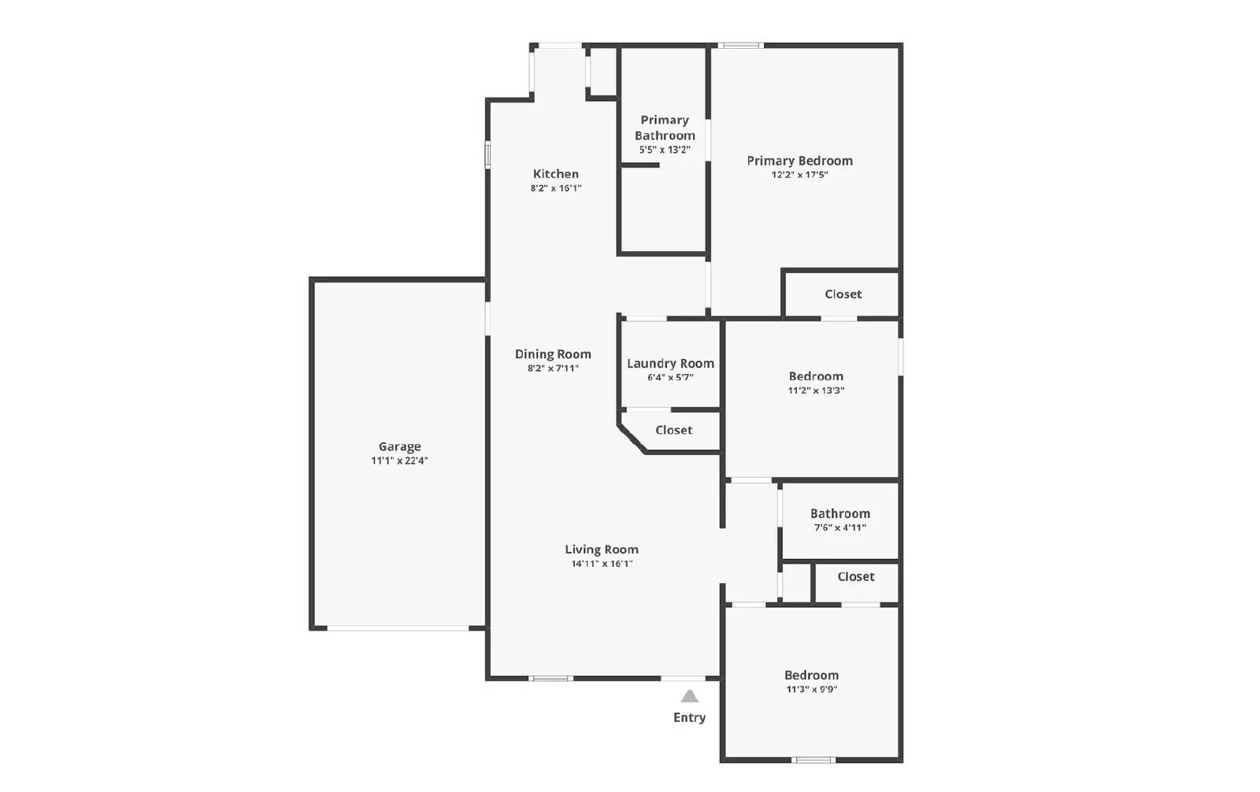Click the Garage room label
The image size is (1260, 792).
tap(399, 446)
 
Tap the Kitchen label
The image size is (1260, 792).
tap(555, 174)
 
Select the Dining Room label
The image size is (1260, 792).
tap(553, 354)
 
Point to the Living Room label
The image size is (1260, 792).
tap(602, 550)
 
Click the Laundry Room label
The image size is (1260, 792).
tap(670, 364)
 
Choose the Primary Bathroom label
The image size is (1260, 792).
tap(665, 128)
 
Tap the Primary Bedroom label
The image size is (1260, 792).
tap(799, 161)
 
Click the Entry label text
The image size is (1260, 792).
tap(689, 717)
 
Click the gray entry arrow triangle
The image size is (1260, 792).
tap(690, 696)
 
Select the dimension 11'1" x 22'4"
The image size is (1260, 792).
tap(399, 461)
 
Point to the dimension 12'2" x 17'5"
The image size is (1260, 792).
tap(799, 175)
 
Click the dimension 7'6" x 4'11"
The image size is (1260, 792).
tap(839, 527)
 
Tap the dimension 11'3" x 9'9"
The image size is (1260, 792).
tap(811, 689)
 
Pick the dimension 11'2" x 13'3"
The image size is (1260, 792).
tap(816, 390)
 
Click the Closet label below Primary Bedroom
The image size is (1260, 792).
tap(843, 294)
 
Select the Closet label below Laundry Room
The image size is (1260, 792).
tap(673, 430)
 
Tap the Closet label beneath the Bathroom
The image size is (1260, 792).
tap(855, 577)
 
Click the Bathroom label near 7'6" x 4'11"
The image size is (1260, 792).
tap(839, 513)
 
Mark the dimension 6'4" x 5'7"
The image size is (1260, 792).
tap(670, 378)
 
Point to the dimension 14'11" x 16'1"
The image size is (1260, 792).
tap(602, 564)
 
